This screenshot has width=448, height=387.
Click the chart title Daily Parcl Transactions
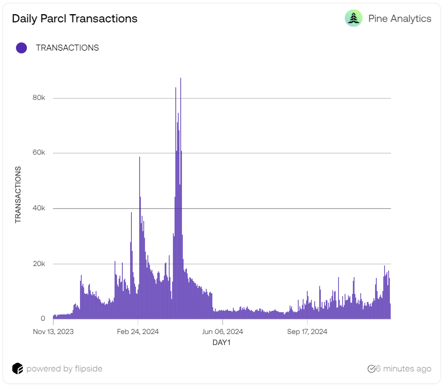(74, 19)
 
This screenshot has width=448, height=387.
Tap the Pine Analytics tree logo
(354, 18)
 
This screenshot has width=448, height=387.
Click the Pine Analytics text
(399, 19)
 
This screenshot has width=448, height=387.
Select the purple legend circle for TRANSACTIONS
(21, 48)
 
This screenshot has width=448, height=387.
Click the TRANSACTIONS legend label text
(67, 48)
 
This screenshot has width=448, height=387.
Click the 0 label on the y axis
(43, 319)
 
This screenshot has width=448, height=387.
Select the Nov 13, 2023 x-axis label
(53, 332)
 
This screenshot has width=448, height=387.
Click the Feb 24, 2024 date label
(138, 332)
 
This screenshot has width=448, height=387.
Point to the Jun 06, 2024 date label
(223, 332)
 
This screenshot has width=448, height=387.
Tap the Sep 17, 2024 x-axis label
(307, 332)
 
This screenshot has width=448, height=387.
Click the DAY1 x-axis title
(222, 342)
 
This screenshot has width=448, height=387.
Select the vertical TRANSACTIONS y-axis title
(18, 195)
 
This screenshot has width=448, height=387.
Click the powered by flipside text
(64, 369)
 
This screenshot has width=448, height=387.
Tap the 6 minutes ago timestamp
(403, 369)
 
